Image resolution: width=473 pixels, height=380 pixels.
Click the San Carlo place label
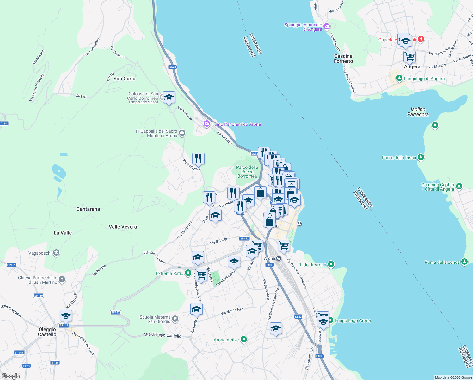click(124, 79)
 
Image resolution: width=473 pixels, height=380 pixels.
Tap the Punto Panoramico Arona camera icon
click(207, 124)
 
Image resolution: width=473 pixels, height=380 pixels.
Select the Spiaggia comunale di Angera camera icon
click(327, 27)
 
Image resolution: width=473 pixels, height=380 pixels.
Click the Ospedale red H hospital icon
click(421, 39)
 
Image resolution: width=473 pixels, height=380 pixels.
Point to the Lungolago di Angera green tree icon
click(399, 78)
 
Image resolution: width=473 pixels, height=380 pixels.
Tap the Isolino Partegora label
click(418, 112)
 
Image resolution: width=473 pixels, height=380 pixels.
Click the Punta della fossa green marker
click(421, 157)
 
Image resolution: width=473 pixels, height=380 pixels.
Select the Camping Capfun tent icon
click(459, 187)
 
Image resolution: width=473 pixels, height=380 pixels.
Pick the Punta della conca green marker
click(464, 262)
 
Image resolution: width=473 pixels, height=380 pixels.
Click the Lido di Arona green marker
click(331, 264)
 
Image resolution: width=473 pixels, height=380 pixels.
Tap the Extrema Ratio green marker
click(188, 273)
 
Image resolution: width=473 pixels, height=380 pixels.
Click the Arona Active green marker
click(244, 339)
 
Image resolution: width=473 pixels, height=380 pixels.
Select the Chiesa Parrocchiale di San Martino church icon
click(62, 279)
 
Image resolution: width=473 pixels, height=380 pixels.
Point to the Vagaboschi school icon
click(56, 253)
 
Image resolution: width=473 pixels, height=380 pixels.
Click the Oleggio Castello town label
click(47, 332)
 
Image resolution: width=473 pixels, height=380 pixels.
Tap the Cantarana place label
click(88, 209)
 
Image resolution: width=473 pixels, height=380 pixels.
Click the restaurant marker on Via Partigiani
click(198, 158)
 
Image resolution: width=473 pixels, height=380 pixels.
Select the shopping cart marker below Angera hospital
click(409, 57)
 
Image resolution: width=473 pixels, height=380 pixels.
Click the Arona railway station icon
click(279, 258)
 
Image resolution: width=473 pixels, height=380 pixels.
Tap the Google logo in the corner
click(10, 376)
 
